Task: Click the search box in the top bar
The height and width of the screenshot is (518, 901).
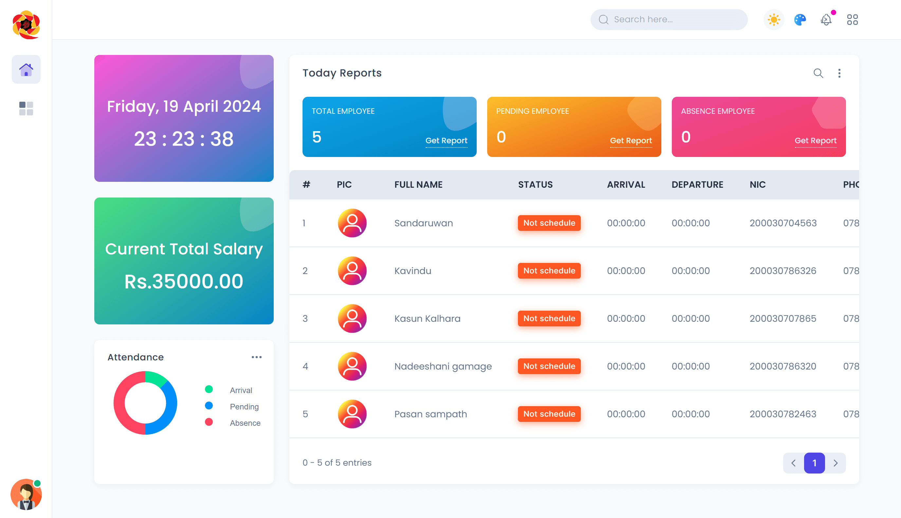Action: (669, 20)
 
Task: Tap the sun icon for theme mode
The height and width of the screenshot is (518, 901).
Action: (774, 20)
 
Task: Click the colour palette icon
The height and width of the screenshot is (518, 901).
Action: (800, 20)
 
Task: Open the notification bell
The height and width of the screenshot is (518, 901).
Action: (826, 20)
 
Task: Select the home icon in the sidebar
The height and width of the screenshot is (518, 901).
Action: (26, 69)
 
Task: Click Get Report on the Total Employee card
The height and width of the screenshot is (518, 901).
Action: (446, 141)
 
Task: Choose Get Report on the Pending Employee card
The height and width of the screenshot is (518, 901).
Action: (631, 141)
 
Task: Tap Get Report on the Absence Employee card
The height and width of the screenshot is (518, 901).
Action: (815, 141)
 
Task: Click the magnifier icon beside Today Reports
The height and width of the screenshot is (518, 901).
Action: (818, 73)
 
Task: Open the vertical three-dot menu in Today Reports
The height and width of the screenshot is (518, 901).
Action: (839, 73)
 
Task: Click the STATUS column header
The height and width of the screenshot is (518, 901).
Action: (535, 185)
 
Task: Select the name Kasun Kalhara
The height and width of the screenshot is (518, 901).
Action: (427, 319)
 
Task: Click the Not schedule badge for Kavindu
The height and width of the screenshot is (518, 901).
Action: (549, 271)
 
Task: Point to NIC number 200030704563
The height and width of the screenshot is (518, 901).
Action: (783, 223)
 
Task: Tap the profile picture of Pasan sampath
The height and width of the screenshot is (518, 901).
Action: (352, 414)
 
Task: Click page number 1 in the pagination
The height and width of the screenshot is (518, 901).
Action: (814, 463)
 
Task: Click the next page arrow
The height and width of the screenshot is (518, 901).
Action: (836, 463)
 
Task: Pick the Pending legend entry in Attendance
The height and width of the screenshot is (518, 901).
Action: (244, 406)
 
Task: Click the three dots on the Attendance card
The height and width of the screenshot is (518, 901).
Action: (256, 357)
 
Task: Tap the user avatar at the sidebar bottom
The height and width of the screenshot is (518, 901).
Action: (26, 494)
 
